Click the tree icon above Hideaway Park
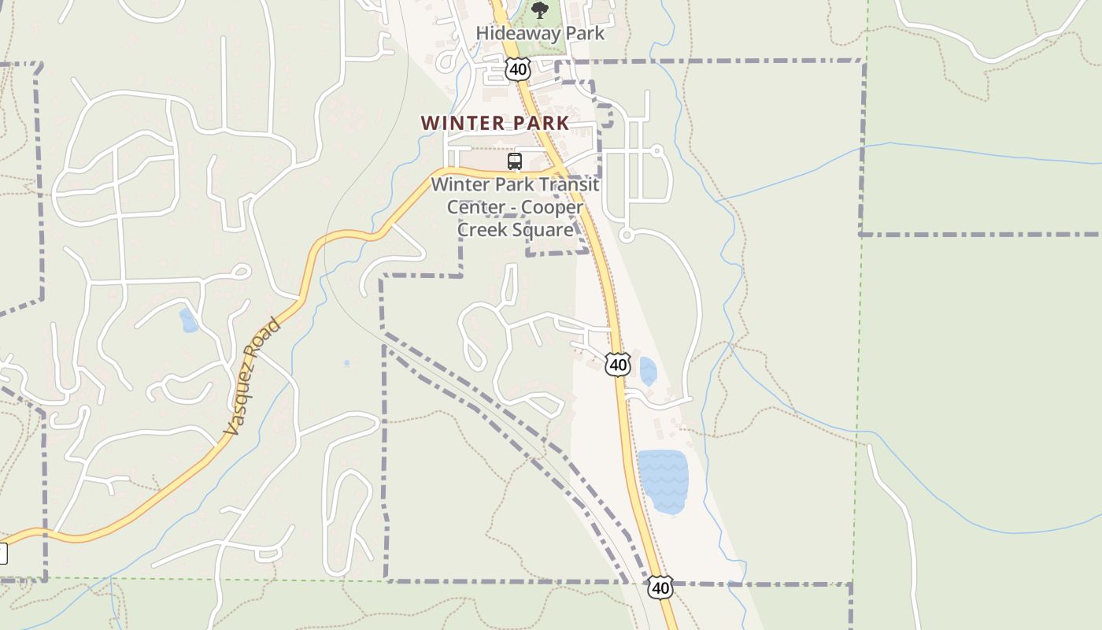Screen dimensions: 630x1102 coord(540,9)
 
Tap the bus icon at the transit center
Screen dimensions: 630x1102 coord(515,161)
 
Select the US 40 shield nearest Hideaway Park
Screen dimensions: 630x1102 coord(517,69)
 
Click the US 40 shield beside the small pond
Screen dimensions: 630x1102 coord(618,364)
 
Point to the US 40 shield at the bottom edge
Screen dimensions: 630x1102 coord(660,587)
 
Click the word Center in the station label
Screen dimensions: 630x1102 coord(475,207)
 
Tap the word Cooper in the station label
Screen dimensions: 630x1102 coord(553,207)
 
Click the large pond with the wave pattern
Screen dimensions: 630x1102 coord(663,481)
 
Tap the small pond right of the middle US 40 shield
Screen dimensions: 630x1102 coord(648,371)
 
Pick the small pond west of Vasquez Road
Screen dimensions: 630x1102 coord(189,321)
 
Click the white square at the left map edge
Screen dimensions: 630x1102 coord(2,554)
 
